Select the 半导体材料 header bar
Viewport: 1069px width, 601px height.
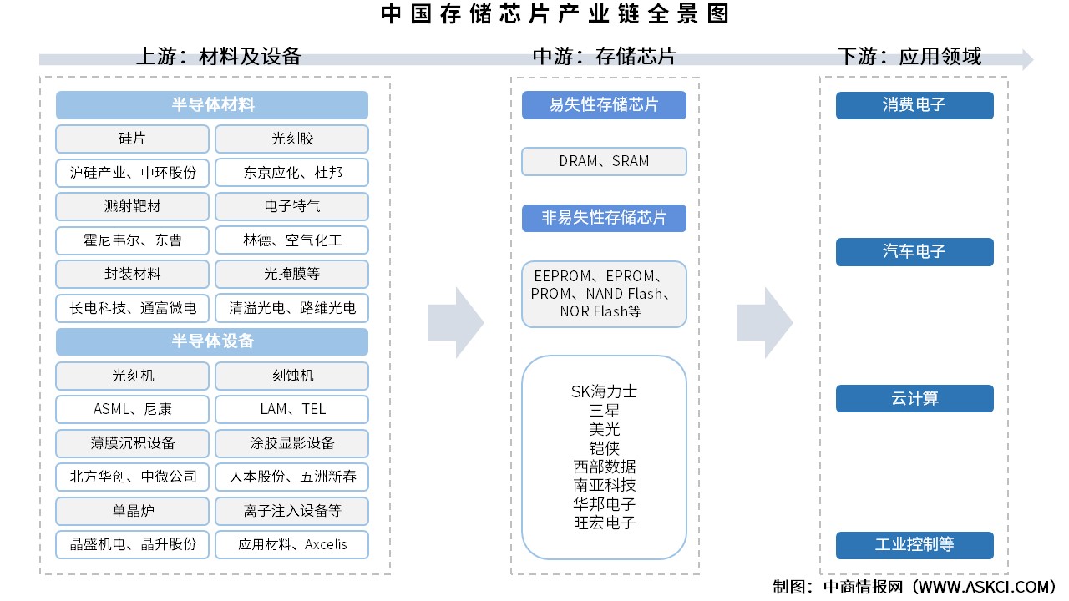(212, 105)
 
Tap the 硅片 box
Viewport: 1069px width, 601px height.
(132, 139)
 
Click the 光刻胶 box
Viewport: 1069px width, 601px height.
(291, 139)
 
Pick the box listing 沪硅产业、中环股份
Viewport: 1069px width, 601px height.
(132, 173)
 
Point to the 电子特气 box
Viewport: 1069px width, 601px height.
(291, 206)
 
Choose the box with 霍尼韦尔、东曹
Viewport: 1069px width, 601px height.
(132, 240)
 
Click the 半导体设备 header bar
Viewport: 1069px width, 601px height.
(212, 341)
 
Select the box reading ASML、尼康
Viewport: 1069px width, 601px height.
(132, 409)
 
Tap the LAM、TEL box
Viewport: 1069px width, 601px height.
(291, 409)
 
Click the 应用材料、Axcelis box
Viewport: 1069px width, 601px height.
(291, 544)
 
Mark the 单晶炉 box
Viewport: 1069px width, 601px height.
(132, 510)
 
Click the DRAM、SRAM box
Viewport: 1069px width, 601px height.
(604, 161)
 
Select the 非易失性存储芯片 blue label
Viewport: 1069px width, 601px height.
(604, 218)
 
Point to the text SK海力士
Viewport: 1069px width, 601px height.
(604, 391)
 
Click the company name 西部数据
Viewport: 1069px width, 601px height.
(604, 467)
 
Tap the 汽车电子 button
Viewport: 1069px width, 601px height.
(914, 252)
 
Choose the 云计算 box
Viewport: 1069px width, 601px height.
(914, 399)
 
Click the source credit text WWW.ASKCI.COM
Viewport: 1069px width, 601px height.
(985, 587)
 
